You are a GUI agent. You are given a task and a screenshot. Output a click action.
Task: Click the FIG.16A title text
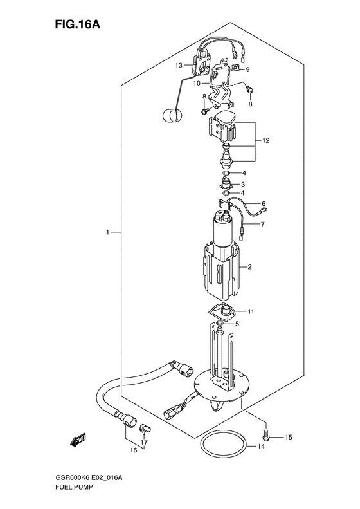77,24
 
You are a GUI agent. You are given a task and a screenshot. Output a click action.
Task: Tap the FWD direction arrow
78,440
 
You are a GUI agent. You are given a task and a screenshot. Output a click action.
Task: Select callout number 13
179,65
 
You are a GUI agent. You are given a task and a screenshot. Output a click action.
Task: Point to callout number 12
266,140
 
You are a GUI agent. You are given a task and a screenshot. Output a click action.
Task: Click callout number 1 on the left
107,232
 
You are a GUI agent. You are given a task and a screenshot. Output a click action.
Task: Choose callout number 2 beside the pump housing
249,267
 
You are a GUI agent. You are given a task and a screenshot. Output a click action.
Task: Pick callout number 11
251,311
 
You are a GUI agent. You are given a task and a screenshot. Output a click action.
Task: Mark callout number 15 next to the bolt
289,438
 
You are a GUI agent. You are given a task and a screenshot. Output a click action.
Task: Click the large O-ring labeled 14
224,445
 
